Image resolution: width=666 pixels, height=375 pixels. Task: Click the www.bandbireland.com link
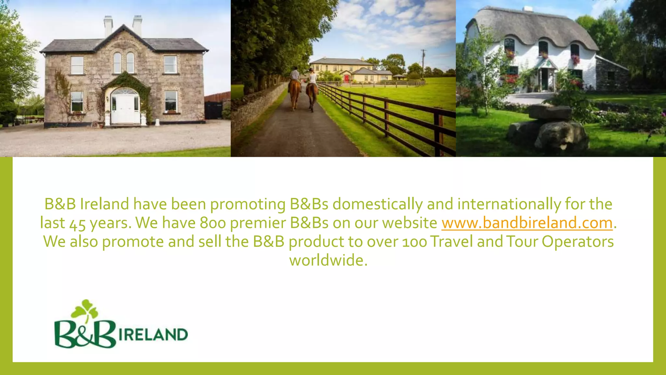point(527,223)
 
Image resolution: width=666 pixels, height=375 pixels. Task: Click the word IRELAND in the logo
point(153,335)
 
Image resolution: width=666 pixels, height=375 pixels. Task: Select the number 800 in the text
point(213,223)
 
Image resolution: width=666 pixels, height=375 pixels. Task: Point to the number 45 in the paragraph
point(77,224)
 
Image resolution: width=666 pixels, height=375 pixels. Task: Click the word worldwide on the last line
point(328,260)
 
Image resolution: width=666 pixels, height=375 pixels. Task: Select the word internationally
point(509,204)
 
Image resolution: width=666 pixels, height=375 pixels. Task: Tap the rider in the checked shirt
point(295,74)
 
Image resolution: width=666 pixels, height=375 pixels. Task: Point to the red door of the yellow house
point(347,78)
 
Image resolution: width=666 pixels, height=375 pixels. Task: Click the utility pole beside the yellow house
point(423,63)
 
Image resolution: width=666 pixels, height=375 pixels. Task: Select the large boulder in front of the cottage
point(550,130)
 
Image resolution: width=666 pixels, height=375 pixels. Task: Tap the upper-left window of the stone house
point(77,65)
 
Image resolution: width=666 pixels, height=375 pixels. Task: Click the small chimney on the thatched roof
point(527,9)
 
